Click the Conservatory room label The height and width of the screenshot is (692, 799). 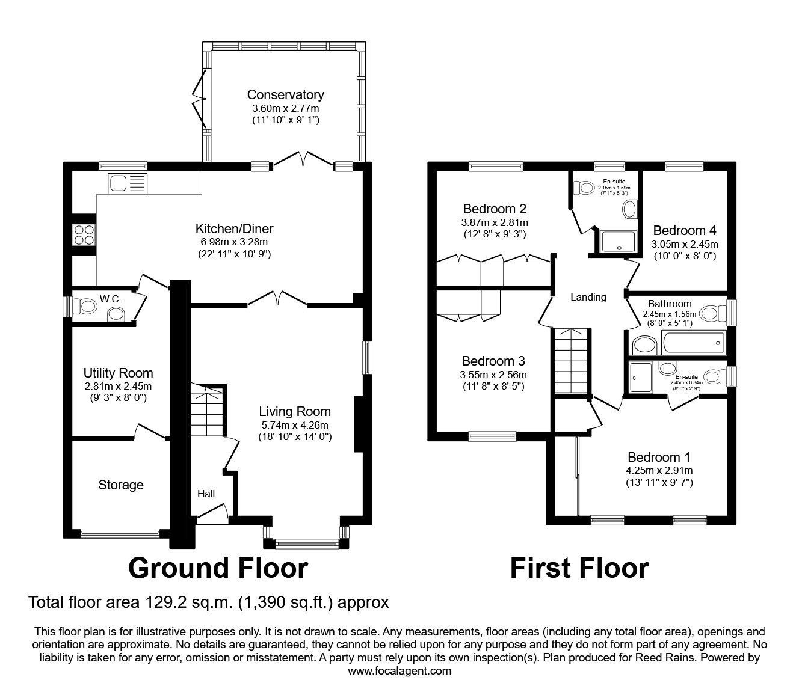285,94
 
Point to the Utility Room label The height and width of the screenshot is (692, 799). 118,373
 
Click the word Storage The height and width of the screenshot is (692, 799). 121,485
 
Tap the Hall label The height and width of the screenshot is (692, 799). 206,494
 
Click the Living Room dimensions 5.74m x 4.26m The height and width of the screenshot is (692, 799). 295,425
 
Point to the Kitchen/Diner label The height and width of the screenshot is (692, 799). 234,228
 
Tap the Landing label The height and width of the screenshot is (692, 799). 588,297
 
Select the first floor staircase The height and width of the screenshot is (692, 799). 569,361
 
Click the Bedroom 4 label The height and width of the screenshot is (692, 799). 684,230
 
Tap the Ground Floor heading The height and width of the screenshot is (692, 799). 218,568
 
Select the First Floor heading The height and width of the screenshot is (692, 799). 579,568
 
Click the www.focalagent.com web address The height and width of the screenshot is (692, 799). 399,671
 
